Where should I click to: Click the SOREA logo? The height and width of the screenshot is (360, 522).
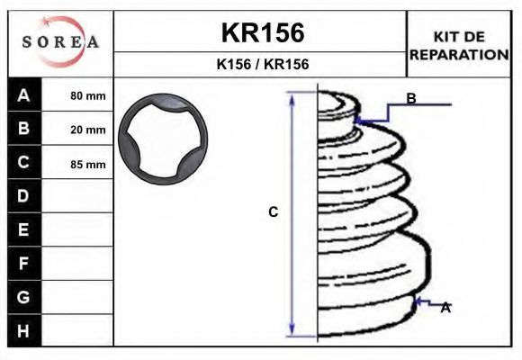coord(60,41)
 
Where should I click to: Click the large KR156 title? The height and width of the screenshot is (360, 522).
coord(263,32)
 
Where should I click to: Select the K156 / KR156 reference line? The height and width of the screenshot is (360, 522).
coord(263,64)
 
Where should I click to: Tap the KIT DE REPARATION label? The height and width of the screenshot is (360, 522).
coord(459,46)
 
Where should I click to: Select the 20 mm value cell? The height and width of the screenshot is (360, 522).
coord(77,129)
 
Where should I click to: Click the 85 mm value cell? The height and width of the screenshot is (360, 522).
coord(77,163)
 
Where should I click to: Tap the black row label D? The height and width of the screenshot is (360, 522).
coord(24,196)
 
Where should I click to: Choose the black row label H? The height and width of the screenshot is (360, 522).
coord(24,330)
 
